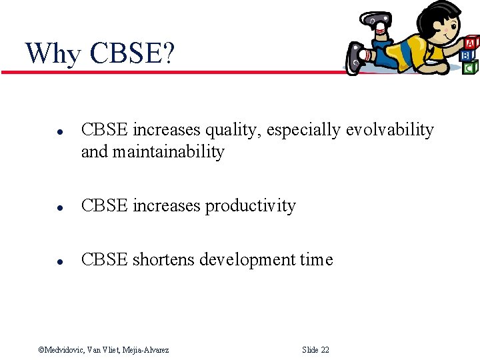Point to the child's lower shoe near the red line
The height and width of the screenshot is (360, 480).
356,59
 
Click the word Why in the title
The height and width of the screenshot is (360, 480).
53,53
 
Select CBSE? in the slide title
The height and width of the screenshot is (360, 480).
131,53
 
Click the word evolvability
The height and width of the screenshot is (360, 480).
389,130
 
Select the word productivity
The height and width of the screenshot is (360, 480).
250,206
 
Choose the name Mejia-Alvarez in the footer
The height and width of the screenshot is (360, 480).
145,350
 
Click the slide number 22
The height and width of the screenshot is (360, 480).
324,350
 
